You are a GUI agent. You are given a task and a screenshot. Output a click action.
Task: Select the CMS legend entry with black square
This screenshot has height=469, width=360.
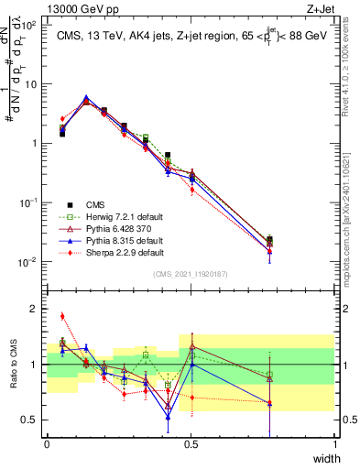[96, 204]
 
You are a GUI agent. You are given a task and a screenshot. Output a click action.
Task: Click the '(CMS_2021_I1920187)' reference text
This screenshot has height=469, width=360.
[191, 273]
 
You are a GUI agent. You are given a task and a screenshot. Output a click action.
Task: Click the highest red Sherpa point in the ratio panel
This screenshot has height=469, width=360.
[62, 316]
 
